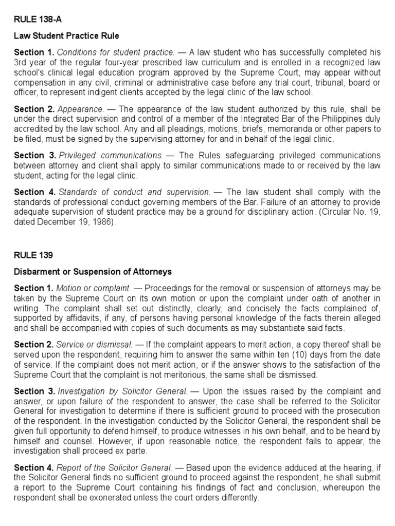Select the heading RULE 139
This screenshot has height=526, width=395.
pos(32,254)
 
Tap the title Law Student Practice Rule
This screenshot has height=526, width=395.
pos(66,36)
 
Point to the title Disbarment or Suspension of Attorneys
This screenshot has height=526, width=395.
pos(93,271)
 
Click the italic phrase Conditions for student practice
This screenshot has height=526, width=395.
pos(116,52)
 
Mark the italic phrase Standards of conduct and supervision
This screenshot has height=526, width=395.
pos(135,192)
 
